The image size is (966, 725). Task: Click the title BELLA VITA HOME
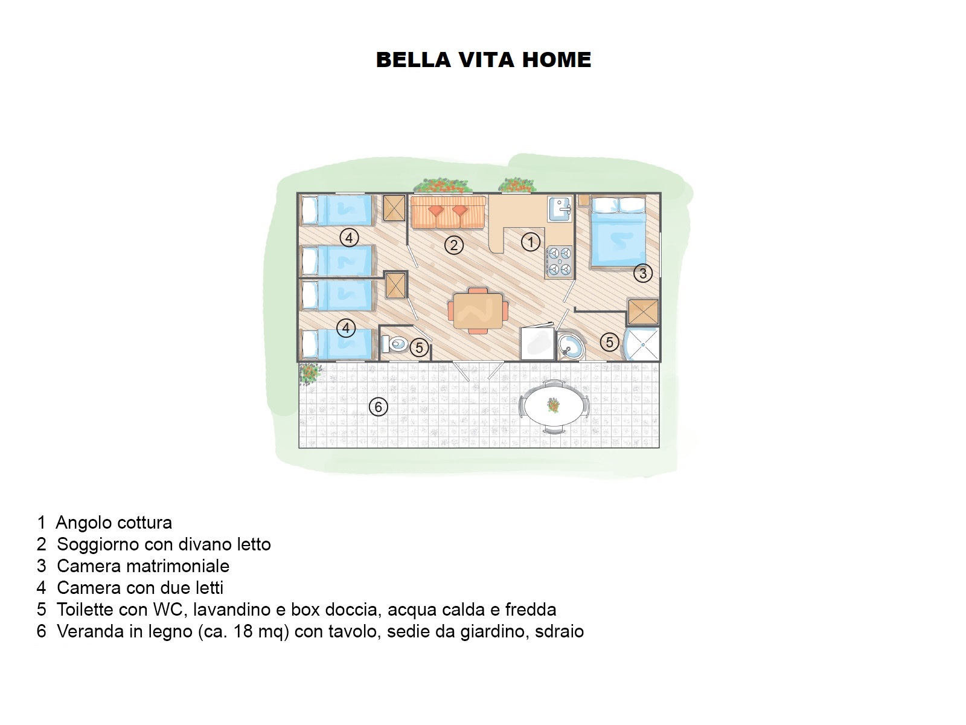click(483, 60)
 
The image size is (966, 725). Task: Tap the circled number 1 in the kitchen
click(530, 242)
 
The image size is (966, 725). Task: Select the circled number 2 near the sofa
click(453, 245)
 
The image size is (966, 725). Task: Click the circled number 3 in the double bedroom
click(642, 273)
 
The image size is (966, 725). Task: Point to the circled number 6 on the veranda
click(378, 407)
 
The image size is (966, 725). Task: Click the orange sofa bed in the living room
click(448, 212)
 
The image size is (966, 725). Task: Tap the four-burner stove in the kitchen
click(558, 261)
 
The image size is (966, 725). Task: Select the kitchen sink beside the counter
click(560, 209)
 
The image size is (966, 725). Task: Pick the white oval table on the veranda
click(554, 406)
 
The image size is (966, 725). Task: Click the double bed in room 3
click(618, 233)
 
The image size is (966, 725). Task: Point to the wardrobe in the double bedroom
click(643, 312)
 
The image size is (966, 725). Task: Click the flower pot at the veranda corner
click(310, 373)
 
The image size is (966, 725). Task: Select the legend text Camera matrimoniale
click(143, 566)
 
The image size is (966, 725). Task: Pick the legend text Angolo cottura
click(114, 523)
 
